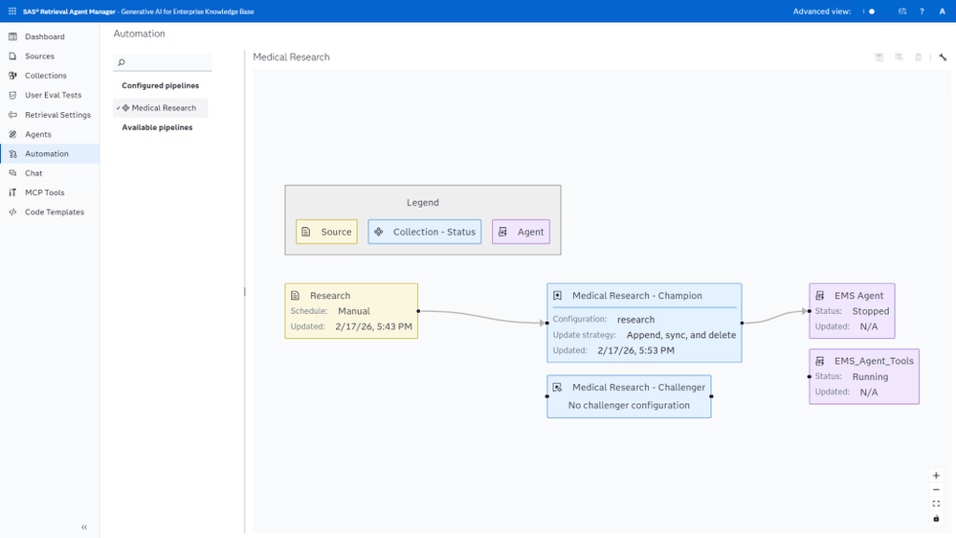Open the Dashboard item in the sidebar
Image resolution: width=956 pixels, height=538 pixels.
45,36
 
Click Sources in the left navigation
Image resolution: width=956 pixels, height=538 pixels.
39,56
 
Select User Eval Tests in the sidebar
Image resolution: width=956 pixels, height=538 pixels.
53,95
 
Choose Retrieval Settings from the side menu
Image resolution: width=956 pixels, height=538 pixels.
58,115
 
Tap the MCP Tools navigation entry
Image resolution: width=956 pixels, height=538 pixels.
45,192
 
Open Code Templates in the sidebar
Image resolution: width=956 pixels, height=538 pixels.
55,212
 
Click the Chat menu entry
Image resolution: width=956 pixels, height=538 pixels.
33,173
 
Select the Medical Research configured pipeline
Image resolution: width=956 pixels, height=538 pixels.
164,108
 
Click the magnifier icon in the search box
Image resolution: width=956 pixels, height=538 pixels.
122,62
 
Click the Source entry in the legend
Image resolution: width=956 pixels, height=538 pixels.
326,232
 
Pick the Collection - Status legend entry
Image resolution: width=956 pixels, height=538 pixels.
424,232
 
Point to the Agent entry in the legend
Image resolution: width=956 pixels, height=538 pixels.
521,232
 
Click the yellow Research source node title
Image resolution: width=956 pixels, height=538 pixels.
330,295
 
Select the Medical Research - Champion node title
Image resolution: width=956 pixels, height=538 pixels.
637,295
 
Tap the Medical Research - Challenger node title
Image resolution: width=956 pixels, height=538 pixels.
638,388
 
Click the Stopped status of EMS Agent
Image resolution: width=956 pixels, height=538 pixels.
871,311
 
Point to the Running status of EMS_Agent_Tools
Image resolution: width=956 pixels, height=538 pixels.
870,376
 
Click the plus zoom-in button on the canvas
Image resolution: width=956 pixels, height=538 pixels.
936,475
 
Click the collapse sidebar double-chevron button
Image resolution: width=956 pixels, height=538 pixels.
84,527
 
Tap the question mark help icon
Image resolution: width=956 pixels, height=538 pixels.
922,11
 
